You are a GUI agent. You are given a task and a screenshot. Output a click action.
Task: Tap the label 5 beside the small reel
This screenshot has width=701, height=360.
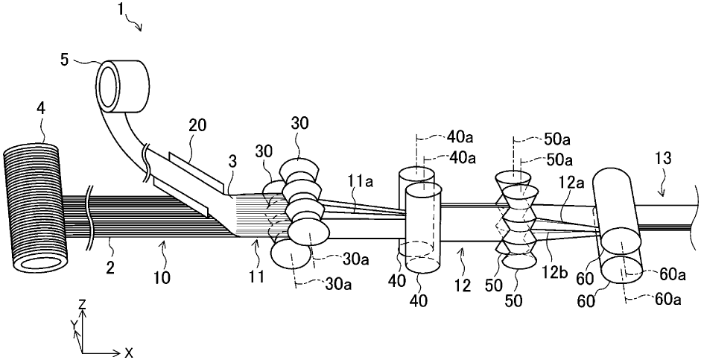pyautogui.click(x=65, y=60)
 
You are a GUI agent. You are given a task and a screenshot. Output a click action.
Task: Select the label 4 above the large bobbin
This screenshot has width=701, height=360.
pyautogui.click(x=41, y=110)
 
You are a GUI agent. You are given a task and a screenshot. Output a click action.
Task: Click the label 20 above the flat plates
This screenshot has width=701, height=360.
pyautogui.click(x=197, y=126)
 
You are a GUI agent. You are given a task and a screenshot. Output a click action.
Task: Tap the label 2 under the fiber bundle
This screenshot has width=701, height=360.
pyautogui.click(x=110, y=268)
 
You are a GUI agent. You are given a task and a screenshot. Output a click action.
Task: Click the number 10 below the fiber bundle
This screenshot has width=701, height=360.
pyautogui.click(x=162, y=278)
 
